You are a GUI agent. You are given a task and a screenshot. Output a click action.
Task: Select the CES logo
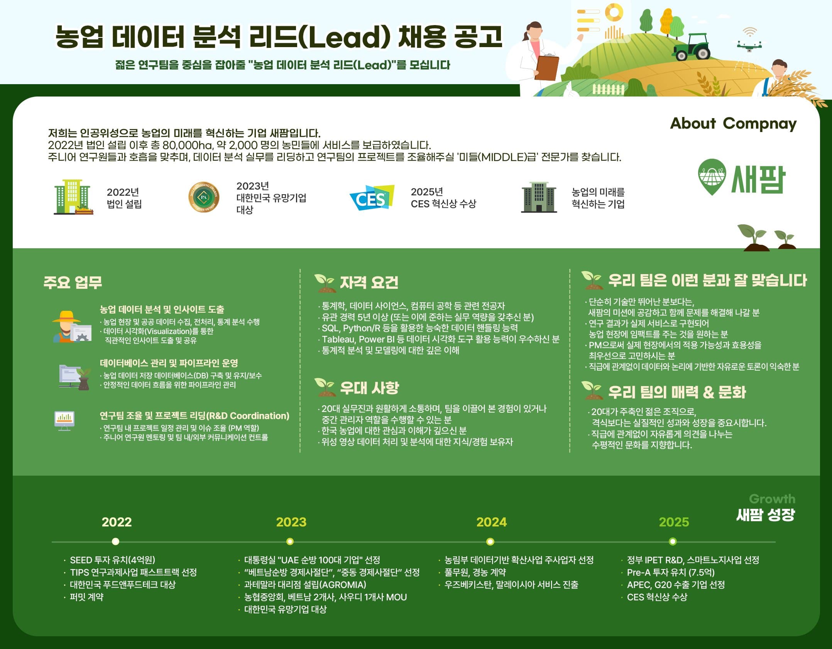click(372, 198)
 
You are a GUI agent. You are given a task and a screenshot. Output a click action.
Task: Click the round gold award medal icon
click(204, 197)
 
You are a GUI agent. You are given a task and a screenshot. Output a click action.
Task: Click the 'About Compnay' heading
click(733, 123)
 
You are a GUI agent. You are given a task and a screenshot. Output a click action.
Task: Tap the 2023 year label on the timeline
click(291, 522)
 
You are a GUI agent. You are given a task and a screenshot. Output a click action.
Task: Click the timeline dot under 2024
click(490, 542)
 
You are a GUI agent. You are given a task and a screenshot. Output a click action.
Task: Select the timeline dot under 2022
click(115, 542)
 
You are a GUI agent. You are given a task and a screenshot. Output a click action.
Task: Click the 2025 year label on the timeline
click(674, 522)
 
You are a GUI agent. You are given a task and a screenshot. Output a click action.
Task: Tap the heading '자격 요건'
click(369, 283)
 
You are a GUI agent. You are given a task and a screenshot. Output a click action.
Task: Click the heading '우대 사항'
click(369, 388)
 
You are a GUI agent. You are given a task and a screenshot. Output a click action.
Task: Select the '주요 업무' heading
click(73, 282)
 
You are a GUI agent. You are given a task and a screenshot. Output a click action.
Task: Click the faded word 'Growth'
click(772, 499)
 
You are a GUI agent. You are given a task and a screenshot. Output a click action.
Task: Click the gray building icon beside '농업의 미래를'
click(539, 197)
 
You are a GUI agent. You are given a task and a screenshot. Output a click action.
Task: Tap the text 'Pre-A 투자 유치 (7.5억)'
click(671, 572)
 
